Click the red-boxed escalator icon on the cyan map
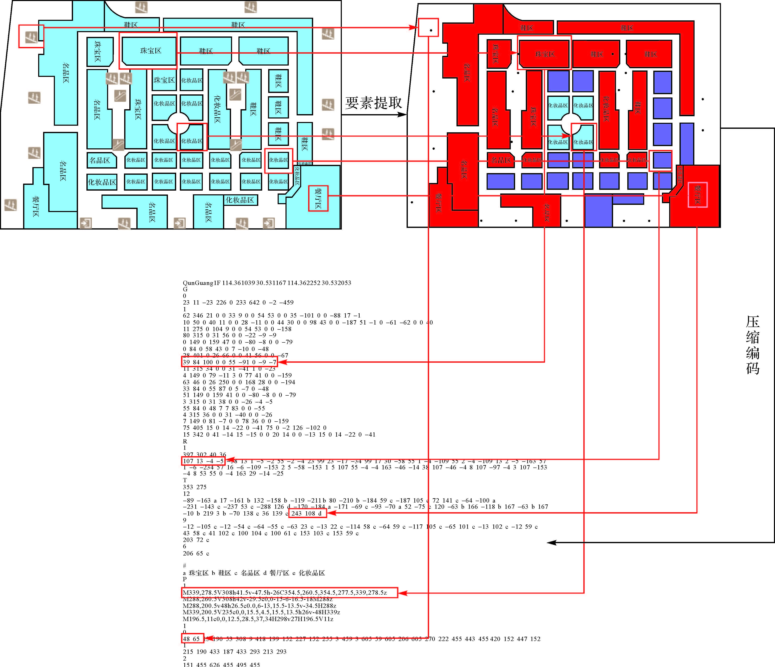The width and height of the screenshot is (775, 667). [x=31, y=37]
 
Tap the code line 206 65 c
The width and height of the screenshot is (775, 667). [x=196, y=553]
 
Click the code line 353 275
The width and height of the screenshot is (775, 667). [x=195, y=487]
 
